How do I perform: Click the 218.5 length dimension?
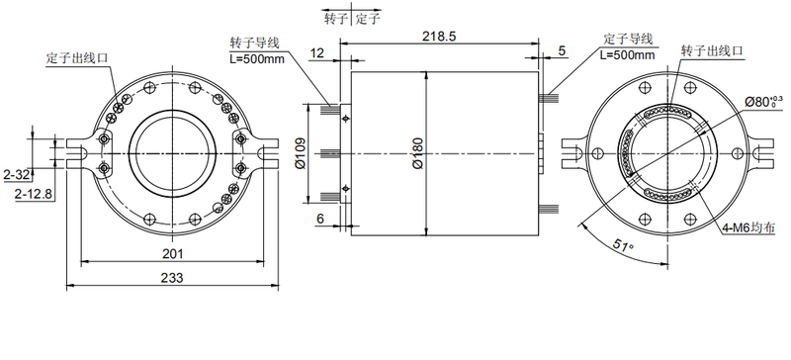coord(439,37)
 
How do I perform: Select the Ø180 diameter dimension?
coord(418,153)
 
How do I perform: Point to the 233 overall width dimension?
coord(172,278)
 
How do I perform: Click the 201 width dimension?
coord(172,253)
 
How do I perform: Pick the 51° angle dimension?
coord(624,246)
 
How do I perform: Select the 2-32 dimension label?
coord(16,176)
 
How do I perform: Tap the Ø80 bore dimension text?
coord(763,102)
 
